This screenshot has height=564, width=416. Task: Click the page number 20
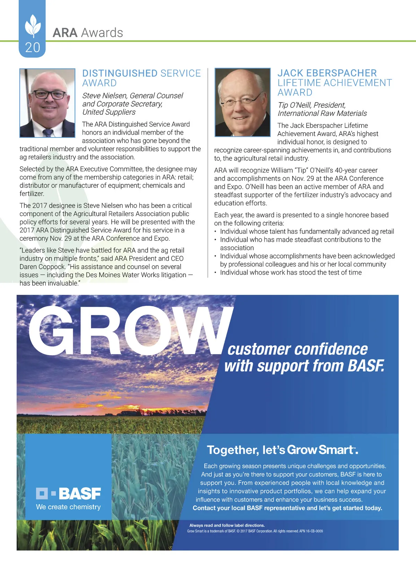pos(33,47)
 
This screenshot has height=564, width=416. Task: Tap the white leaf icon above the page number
pos(33,25)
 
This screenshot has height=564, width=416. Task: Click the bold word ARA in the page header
pos(65,33)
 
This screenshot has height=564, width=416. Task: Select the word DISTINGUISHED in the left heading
pos(120,73)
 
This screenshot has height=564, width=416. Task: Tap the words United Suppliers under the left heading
pos(109,112)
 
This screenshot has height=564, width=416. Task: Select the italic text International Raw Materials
pos(322,113)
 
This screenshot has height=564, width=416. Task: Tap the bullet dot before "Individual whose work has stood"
pos(216,273)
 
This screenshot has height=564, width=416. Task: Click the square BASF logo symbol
pos(42,493)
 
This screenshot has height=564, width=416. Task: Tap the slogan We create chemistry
pos(68,507)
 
